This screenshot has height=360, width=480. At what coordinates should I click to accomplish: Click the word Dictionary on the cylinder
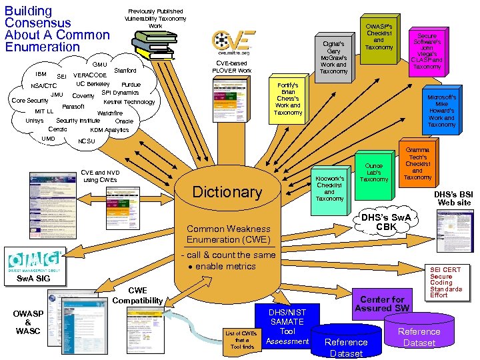pos(227,192)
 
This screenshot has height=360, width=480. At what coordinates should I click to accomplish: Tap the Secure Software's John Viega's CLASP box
pos(427,48)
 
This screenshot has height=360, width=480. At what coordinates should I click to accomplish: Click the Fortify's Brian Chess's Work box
pos(288,99)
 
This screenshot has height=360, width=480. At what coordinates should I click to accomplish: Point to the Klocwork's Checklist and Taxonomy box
pos(329,189)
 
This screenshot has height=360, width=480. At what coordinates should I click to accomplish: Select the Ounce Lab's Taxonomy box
pos(374,171)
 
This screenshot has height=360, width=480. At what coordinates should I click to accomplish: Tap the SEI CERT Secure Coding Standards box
pos(446,283)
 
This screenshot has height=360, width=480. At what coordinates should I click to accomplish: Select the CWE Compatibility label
pos(137,295)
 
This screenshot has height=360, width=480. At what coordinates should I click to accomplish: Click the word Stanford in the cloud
pos(125,70)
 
